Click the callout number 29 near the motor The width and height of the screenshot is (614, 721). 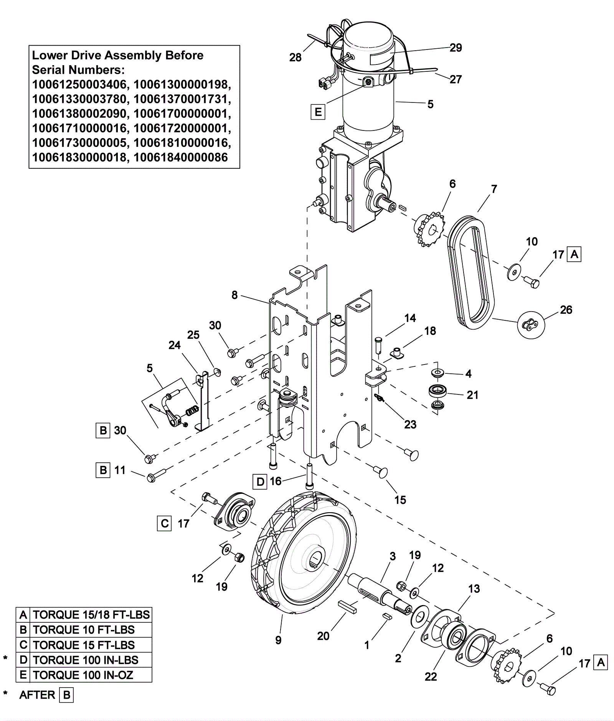(x=456, y=48)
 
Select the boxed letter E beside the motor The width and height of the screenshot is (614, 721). (x=318, y=112)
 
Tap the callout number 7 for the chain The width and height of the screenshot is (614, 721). (x=494, y=189)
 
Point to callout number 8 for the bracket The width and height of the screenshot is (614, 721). (x=234, y=295)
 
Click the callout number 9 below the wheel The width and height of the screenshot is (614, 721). (x=278, y=640)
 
